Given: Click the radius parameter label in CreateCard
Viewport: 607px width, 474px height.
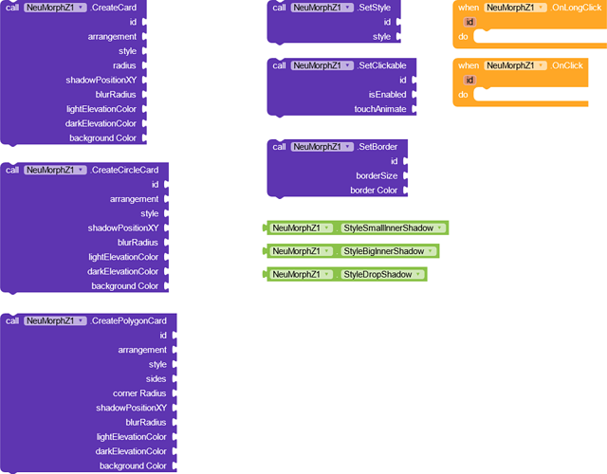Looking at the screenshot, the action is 124,65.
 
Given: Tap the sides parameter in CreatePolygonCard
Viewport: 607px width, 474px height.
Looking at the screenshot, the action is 156,379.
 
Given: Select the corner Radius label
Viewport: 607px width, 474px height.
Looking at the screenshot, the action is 139,393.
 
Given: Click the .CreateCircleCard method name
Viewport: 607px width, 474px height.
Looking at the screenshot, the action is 124,171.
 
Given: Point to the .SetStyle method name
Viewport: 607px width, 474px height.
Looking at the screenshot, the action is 374,8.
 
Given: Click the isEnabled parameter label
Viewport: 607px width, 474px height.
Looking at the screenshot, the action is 387,95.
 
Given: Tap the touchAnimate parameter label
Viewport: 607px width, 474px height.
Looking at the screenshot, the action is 380,110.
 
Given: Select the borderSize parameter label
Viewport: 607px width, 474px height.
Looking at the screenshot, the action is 377,176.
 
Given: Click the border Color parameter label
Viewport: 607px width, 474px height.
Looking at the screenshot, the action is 374,191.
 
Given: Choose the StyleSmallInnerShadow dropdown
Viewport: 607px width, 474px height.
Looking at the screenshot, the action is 394,228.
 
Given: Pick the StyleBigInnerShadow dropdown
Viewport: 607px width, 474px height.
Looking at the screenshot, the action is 389,251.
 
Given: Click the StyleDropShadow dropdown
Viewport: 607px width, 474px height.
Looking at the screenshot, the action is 382,275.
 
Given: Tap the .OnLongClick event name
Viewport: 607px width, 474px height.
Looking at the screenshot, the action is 576,8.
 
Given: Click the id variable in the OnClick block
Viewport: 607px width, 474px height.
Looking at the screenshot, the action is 469,80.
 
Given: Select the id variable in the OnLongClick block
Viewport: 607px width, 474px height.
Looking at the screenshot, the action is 469,22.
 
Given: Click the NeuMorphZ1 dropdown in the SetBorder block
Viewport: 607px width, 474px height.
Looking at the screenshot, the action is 322,147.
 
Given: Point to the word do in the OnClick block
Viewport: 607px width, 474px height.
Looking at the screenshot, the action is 463,95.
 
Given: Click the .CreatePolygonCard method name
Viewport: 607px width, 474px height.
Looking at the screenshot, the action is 129,321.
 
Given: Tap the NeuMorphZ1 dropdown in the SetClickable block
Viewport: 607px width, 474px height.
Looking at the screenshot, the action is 322,65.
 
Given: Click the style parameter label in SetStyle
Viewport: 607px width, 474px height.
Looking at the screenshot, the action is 381,37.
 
